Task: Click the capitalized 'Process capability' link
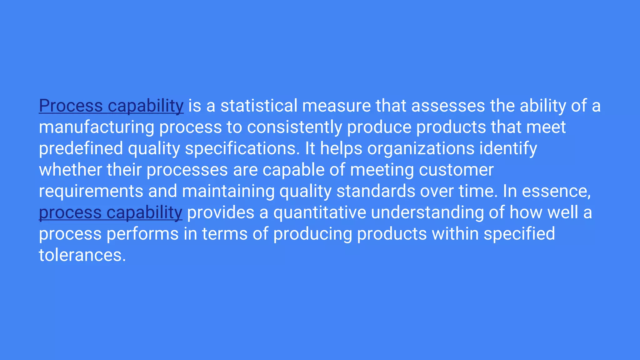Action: coord(111,106)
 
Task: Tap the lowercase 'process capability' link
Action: coord(110,213)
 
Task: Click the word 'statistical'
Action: coord(259,106)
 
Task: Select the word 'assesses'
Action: coord(448,106)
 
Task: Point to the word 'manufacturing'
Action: coord(96,127)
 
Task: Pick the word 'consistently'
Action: coord(294,127)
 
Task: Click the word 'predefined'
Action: coord(81,148)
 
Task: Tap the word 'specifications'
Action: coord(240,148)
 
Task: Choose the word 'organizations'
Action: coord(421,148)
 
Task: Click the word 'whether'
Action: coord(70,170)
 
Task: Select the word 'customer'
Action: coord(456,170)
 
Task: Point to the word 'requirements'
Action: coord(91,191)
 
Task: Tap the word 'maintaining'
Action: coord(228,191)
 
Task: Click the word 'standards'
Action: coord(376,191)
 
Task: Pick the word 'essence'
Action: coord(556,191)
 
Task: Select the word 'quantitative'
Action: coord(319,213)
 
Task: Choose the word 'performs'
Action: coord(142,234)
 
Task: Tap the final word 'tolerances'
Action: coord(82,255)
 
